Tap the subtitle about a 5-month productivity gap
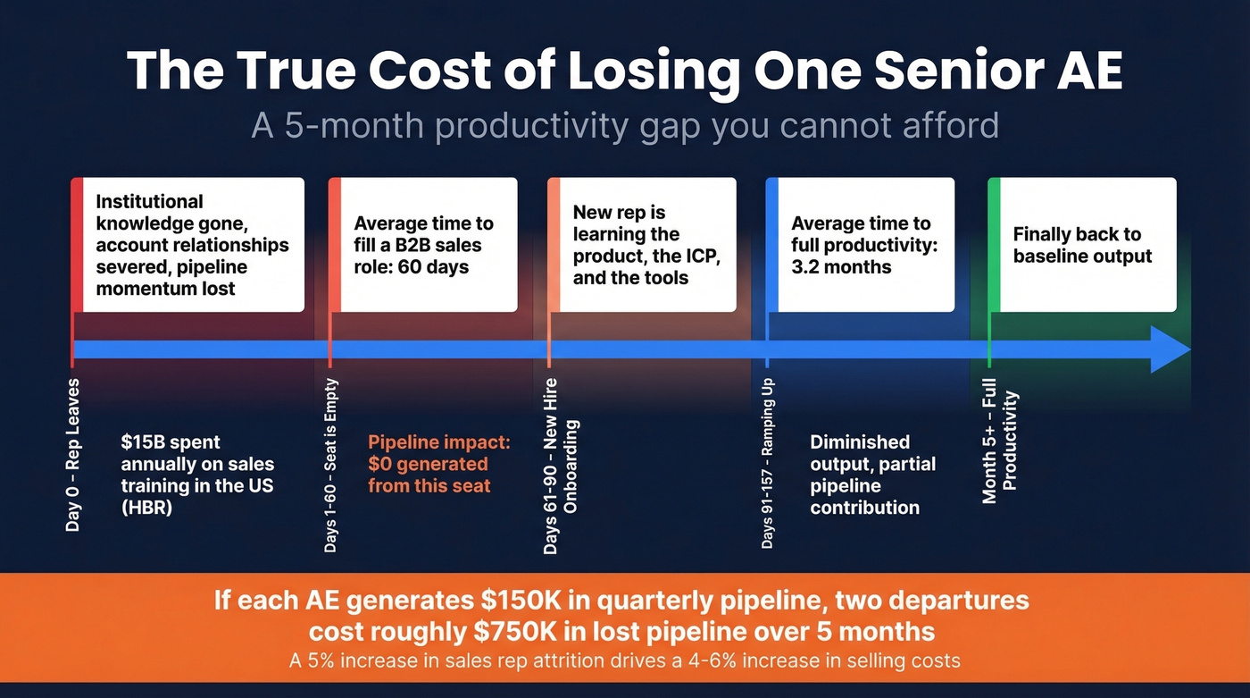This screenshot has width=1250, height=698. pyautogui.click(x=624, y=125)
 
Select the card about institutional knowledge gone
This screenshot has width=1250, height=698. pyautogui.click(x=187, y=245)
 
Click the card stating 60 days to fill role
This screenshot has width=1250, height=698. pyautogui.click(x=423, y=245)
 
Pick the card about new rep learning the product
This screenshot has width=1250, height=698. pyautogui.click(x=641, y=245)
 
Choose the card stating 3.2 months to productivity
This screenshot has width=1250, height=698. pyautogui.click(x=861, y=245)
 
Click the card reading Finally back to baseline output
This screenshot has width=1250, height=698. pyautogui.click(x=1082, y=245)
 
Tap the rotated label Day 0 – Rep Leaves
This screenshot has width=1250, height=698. pyautogui.click(x=73, y=456)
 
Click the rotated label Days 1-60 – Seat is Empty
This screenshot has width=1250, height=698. pyautogui.click(x=331, y=466)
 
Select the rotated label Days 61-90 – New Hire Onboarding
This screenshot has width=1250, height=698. pyautogui.click(x=560, y=474)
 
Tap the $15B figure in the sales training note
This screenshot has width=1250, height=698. pyautogui.click(x=145, y=442)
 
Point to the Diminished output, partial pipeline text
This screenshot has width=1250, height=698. pyautogui.click(x=864, y=475)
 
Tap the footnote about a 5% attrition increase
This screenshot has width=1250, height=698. pyautogui.click(x=624, y=661)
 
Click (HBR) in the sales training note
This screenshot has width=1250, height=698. pyautogui.click(x=146, y=509)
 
